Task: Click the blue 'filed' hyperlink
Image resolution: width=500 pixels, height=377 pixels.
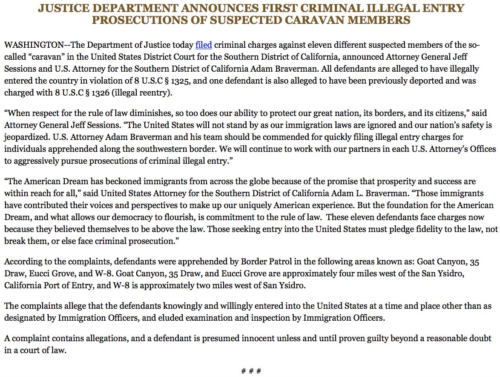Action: (204, 45)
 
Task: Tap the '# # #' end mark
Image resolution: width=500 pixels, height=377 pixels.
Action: (250, 371)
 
